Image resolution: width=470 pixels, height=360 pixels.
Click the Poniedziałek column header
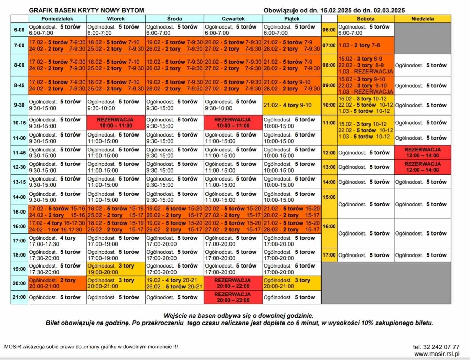coord(57,19)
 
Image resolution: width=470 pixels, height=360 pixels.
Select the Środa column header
coord(174,19)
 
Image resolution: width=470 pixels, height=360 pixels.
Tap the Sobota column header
coord(365,19)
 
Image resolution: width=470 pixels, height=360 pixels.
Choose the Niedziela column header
coord(423,19)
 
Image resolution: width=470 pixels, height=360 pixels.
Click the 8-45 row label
coord(19,85)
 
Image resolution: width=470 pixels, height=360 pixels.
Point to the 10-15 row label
coord(19,123)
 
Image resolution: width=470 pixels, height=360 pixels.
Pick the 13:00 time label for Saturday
coord(329,167)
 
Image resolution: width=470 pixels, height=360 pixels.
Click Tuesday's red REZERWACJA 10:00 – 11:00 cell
coord(116,123)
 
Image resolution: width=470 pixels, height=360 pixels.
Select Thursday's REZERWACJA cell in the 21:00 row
coord(233,297)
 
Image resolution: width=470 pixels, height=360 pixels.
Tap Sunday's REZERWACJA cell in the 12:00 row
coord(423,152)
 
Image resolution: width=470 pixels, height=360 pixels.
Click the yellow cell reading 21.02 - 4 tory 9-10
coord(292,105)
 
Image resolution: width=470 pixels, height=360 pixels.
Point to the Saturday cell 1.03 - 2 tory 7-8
coord(365,45)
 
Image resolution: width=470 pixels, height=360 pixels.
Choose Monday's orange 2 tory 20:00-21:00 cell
coord(57,283)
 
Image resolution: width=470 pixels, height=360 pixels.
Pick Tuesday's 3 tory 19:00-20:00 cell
coord(116,269)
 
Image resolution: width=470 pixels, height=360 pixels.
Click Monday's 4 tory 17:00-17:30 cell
coord(57,241)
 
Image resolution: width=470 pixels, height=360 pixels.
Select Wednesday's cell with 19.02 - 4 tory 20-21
coord(174,283)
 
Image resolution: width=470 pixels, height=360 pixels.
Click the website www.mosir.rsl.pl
coord(437,354)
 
